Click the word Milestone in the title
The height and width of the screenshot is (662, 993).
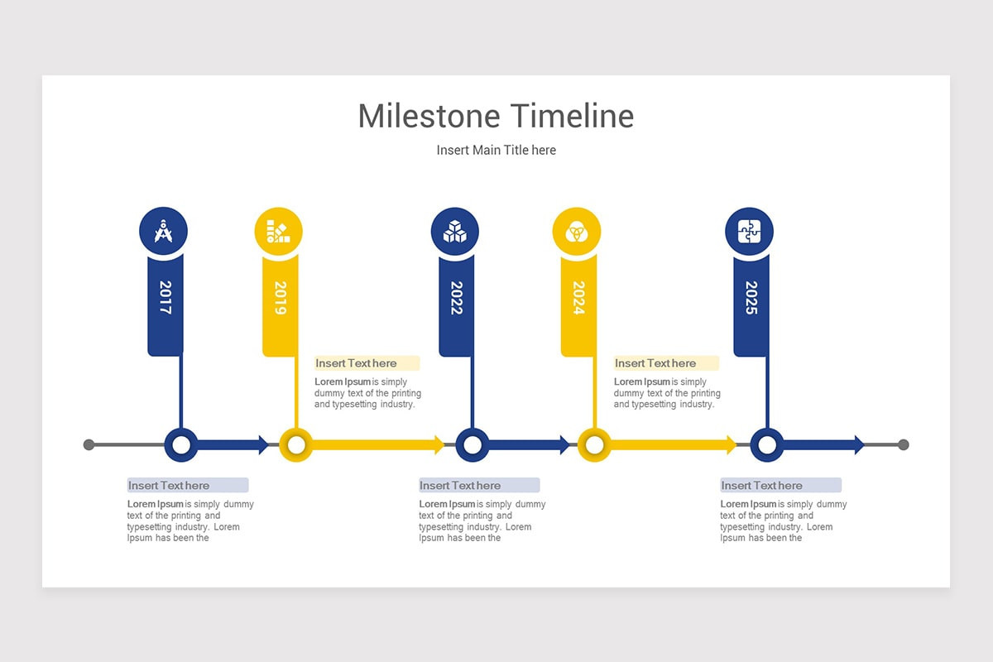click(429, 116)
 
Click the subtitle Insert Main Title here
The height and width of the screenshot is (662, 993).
click(496, 150)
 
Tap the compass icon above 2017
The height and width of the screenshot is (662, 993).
click(163, 231)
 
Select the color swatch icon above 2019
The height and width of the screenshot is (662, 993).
click(278, 231)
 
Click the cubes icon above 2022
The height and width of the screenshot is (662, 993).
click(455, 231)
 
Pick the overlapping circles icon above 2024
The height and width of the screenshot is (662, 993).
click(576, 231)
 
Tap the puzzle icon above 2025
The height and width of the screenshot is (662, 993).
click(749, 231)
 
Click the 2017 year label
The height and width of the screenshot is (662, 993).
click(165, 298)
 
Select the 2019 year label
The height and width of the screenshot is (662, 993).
click(280, 298)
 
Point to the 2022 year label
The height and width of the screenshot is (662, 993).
click(456, 298)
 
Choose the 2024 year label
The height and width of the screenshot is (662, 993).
click(578, 298)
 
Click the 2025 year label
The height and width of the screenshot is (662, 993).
click(751, 298)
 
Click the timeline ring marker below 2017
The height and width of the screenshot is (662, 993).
click(180, 445)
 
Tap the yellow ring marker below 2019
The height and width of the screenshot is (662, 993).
click(295, 445)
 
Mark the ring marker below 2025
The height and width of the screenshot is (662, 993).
click(767, 445)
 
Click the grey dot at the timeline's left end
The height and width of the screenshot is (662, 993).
click(89, 445)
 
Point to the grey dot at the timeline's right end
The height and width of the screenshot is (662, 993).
click(903, 445)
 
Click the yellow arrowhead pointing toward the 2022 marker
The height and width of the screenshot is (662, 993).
click(439, 445)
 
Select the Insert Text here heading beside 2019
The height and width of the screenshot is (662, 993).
click(357, 363)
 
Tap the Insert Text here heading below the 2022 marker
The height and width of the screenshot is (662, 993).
click(461, 486)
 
